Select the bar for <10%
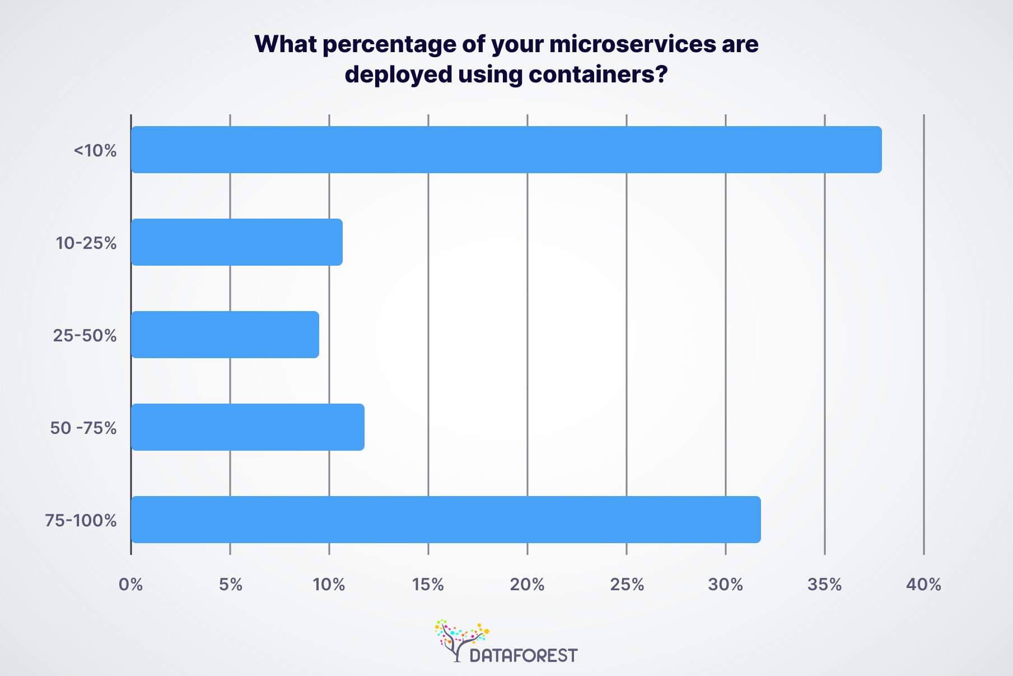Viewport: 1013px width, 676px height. (x=506, y=150)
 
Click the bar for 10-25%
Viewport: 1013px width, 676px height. (x=236, y=242)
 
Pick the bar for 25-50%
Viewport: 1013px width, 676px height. (x=225, y=335)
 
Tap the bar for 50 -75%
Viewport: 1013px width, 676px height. (x=247, y=427)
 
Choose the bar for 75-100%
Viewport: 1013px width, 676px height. (x=445, y=520)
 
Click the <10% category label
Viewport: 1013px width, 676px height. (x=95, y=151)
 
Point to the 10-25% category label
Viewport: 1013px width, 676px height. (x=86, y=243)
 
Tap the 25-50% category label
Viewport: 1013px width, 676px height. (x=85, y=336)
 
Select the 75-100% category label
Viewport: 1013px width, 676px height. (x=81, y=521)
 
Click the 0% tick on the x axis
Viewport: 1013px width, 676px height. (x=130, y=585)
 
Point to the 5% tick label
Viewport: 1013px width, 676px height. (x=230, y=585)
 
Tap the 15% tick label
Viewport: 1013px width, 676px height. (x=428, y=585)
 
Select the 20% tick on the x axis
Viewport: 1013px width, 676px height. (x=527, y=585)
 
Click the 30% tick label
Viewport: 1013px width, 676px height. (x=725, y=585)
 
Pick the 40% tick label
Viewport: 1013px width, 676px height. (x=923, y=585)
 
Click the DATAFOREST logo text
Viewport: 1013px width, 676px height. (x=524, y=655)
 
